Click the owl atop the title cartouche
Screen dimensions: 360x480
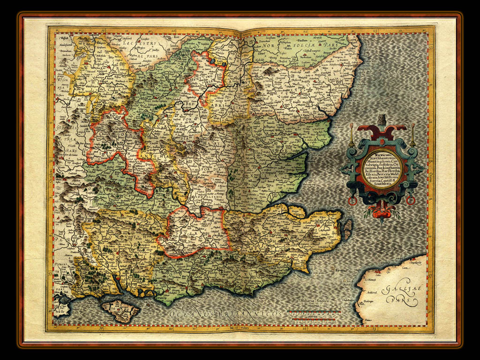(x=382, y=120)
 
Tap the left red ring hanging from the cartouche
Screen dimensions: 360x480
(x=352, y=201)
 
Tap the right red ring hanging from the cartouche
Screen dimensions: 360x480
(x=411, y=201)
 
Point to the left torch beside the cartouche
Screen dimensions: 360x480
(x=351, y=134)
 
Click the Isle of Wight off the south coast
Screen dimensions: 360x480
(x=120, y=310)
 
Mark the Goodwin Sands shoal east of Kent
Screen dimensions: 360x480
(x=348, y=230)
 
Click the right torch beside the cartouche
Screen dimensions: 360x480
(x=413, y=134)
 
